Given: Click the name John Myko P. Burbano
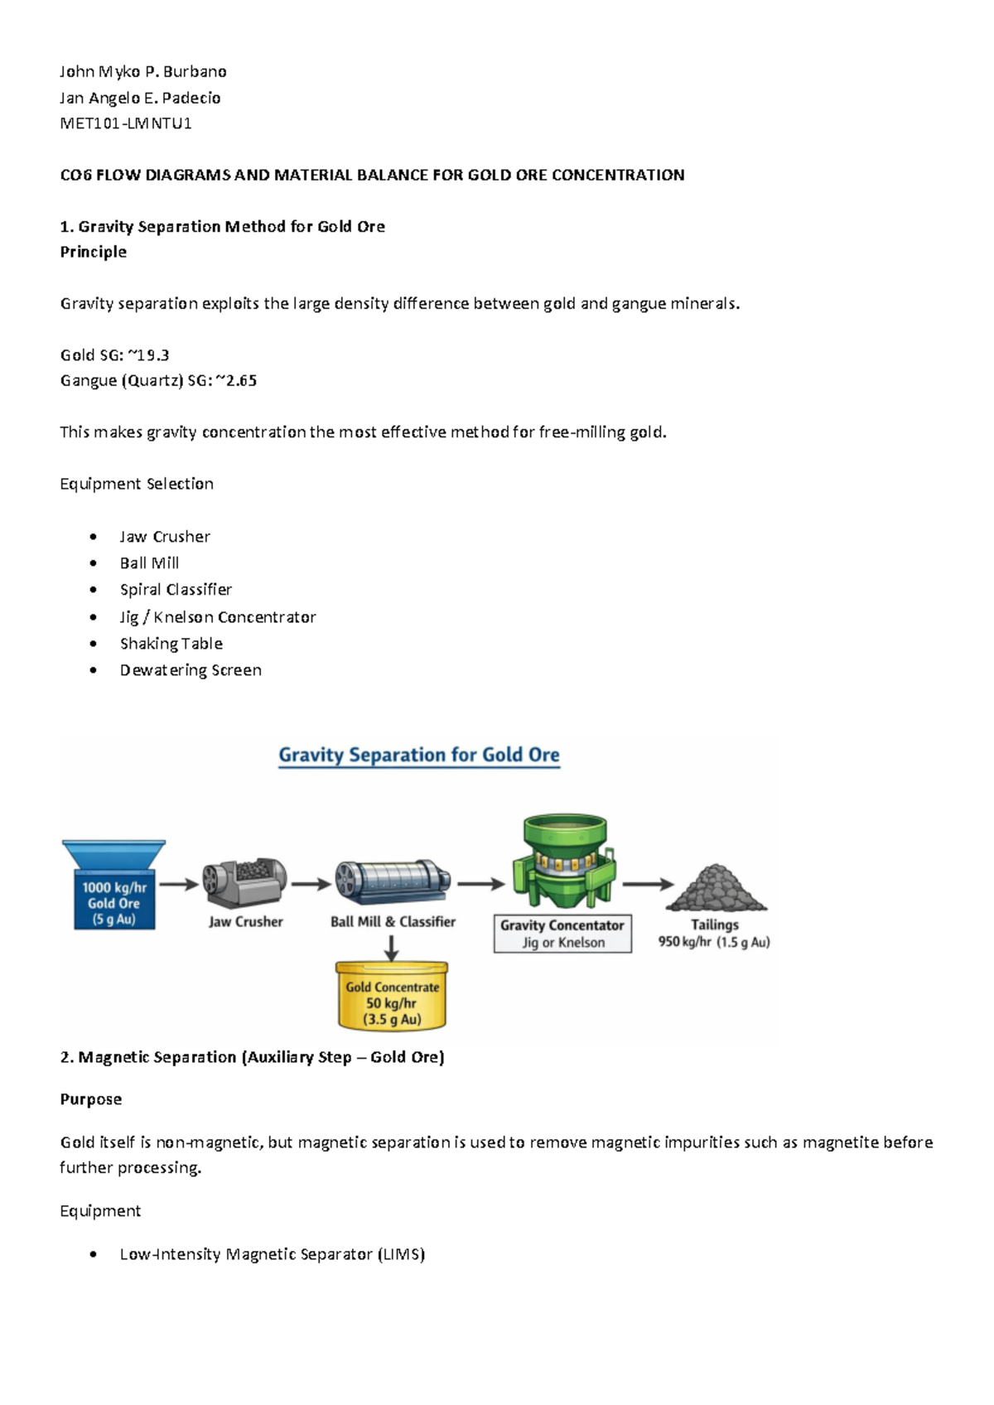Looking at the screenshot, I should (x=143, y=71).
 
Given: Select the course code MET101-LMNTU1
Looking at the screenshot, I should (x=126, y=123).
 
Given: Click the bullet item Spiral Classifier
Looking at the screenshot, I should (x=176, y=589).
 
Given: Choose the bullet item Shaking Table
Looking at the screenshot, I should (x=171, y=644).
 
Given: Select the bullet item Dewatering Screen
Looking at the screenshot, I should (x=191, y=670).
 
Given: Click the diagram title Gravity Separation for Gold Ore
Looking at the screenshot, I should (x=419, y=755).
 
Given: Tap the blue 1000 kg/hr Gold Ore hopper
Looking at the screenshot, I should (x=114, y=886).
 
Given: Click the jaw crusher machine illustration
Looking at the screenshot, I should (x=244, y=883).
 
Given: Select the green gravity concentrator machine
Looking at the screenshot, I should (x=563, y=862).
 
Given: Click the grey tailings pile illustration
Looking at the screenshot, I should (x=716, y=888).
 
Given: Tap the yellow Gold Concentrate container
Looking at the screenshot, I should (x=392, y=996).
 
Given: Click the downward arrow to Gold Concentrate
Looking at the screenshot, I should (x=392, y=947).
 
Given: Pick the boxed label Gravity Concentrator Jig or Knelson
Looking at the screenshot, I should (x=562, y=934).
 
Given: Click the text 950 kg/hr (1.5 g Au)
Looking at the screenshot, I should (x=714, y=942).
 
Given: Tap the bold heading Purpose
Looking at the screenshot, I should (x=91, y=1099).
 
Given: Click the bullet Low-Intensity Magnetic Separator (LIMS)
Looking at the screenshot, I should (x=272, y=1254).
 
